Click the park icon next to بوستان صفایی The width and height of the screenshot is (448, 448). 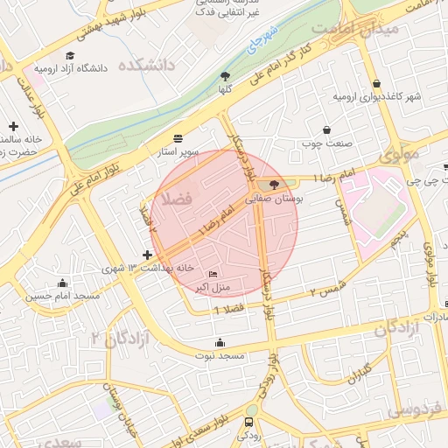pos(276,185)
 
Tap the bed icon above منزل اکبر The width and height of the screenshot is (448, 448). pos(213,275)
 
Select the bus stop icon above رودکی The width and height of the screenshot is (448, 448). pos(250,422)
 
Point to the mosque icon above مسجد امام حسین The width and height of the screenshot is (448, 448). pos(62,283)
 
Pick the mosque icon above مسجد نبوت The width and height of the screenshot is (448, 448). pos(231,343)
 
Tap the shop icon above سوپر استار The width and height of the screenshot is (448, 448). pos(179,138)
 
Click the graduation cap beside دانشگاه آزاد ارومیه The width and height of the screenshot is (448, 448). pos(24,67)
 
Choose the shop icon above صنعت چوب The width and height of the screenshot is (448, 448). pos(327,129)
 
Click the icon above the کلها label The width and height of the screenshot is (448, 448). pos(225,76)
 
